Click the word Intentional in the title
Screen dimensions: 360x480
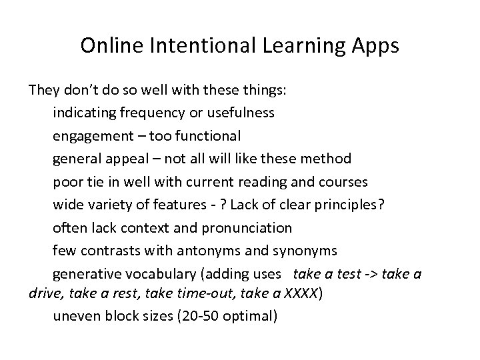(x=205, y=46)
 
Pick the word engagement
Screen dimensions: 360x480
(x=89, y=136)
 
